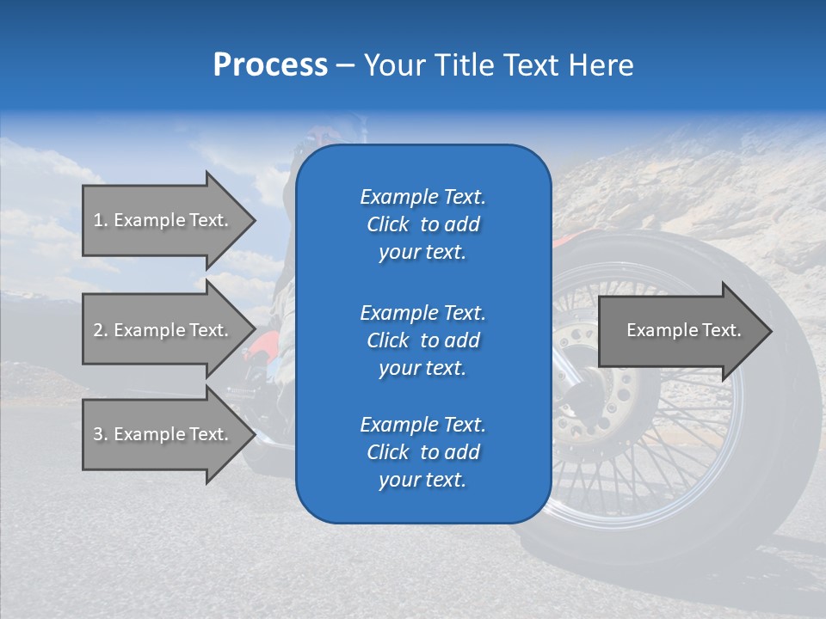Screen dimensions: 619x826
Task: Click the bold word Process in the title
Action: (x=270, y=65)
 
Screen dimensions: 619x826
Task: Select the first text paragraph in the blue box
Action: (x=422, y=224)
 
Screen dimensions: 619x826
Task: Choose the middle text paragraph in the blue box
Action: (x=422, y=340)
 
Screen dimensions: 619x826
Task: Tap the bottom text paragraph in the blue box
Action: (x=422, y=452)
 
